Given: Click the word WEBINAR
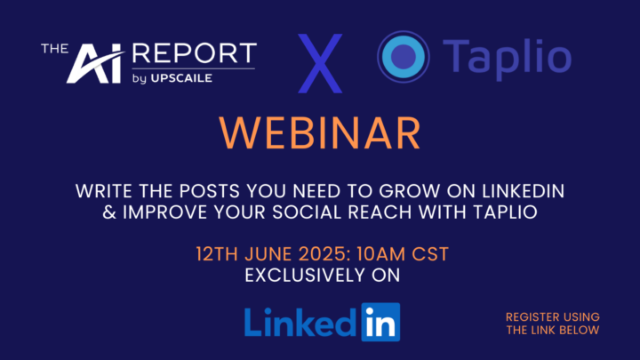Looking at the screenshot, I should click(320, 132).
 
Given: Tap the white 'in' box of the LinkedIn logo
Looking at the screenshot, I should click(380, 322).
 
